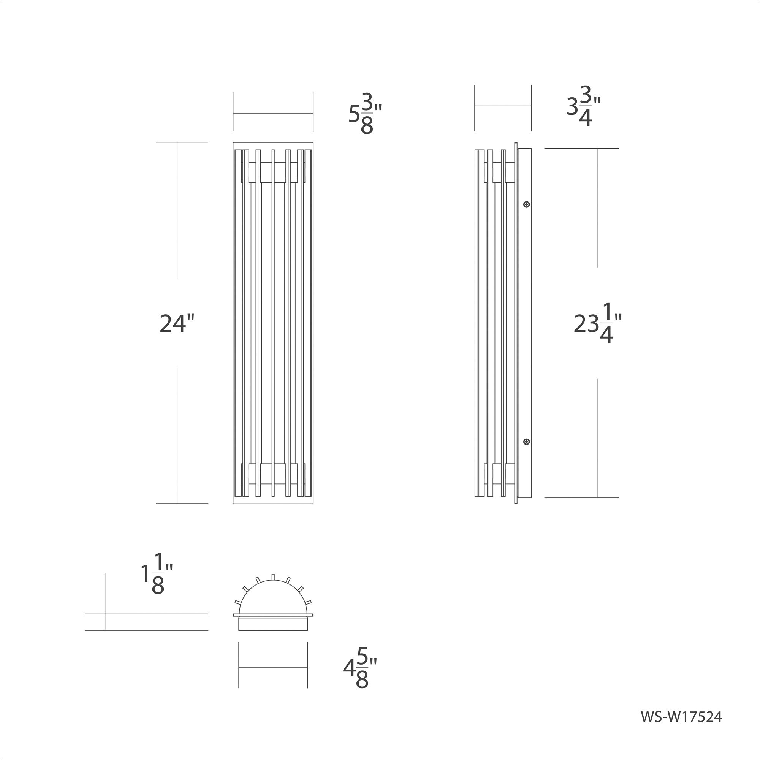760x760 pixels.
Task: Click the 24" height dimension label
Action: click(177, 324)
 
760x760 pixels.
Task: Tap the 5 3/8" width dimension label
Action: click(365, 114)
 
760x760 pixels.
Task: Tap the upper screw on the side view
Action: click(527, 204)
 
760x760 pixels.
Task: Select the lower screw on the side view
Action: click(527, 442)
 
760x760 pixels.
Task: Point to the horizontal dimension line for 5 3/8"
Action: click(273, 113)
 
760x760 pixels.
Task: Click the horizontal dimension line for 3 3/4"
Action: click(503, 106)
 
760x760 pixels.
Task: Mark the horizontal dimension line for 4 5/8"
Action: click(273, 667)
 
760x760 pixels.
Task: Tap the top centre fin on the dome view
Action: click(273, 577)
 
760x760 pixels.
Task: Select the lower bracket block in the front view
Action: click(273, 473)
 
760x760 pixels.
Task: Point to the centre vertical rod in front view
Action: click(273, 323)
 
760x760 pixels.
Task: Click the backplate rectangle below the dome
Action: click(273, 624)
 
